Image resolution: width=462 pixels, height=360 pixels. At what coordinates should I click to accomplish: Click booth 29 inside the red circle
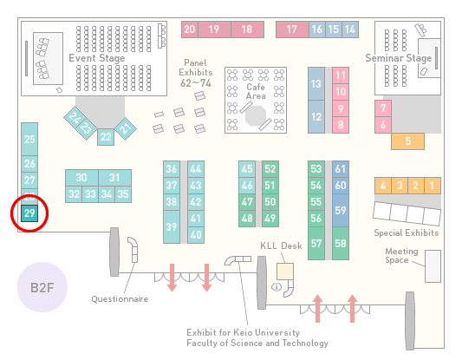(29, 213)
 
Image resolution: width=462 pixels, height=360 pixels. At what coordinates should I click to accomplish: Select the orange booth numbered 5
(407, 141)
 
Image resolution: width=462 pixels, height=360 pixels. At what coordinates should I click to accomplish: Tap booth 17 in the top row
(292, 29)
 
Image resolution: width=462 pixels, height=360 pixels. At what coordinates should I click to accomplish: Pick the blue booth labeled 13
(316, 84)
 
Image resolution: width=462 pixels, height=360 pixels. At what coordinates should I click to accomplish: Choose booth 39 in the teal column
(172, 226)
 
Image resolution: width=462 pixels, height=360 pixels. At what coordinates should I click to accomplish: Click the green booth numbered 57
(316, 243)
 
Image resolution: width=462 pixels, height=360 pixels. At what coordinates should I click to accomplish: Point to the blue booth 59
(341, 210)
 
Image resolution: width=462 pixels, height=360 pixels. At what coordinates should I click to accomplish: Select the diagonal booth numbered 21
(125, 128)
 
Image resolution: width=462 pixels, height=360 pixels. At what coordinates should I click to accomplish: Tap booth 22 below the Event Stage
(106, 137)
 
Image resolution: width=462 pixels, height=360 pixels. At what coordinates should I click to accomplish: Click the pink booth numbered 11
(341, 75)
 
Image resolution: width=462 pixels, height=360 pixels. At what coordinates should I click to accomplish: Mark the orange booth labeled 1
(433, 186)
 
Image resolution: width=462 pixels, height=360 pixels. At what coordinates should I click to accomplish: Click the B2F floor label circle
(42, 287)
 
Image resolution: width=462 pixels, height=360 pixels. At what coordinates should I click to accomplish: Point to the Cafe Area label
(256, 91)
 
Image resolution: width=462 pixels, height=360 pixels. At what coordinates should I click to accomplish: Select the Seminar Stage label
(399, 58)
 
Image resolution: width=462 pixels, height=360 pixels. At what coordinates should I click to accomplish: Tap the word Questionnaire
(120, 299)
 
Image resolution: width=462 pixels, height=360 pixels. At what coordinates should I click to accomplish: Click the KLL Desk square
(285, 272)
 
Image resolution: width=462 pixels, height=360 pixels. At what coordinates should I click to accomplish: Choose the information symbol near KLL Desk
(277, 286)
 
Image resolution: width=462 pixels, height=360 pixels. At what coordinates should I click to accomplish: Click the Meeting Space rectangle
(433, 266)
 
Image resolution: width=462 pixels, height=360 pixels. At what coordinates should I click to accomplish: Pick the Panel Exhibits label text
(196, 73)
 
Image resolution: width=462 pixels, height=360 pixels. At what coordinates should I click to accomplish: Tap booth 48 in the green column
(247, 219)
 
